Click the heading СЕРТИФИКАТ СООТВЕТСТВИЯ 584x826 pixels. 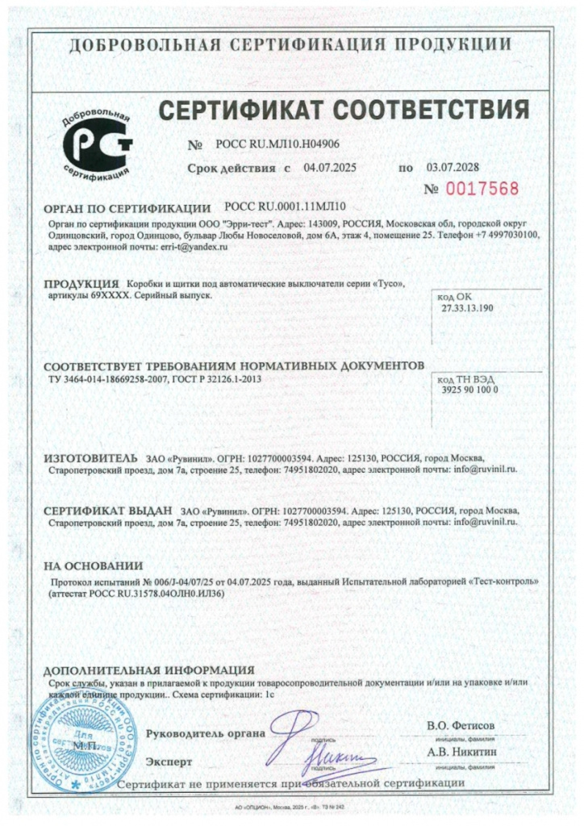tap(343, 109)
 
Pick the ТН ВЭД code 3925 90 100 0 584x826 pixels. tap(471, 390)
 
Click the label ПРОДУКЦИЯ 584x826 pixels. tap(81, 285)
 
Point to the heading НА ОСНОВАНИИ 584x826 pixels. tap(93, 565)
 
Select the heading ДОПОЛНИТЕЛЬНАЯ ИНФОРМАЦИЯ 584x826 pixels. tap(148, 670)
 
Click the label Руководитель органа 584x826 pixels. tap(206, 733)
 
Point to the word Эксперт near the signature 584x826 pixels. tap(169, 761)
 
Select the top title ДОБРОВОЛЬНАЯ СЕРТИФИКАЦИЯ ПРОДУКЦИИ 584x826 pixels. tap(291, 44)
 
